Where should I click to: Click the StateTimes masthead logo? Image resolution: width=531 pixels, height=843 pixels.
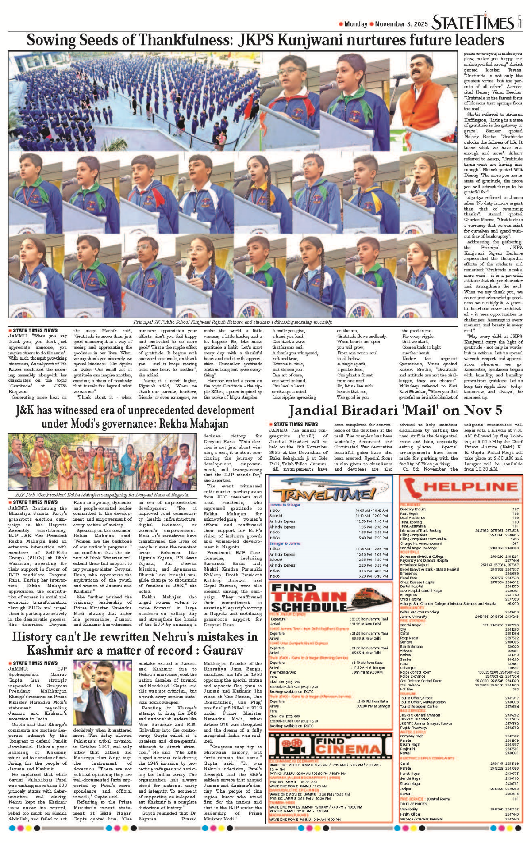[x=473, y=23]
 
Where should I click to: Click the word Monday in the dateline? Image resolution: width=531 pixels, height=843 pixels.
[x=356, y=24]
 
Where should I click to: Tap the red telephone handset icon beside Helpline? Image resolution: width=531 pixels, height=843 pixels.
[x=413, y=488]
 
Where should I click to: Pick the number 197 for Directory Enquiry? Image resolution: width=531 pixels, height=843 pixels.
[x=516, y=510]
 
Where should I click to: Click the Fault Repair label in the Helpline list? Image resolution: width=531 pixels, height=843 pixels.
[x=409, y=513]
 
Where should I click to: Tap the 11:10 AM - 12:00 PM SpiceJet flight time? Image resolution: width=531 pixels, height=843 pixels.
[x=372, y=516]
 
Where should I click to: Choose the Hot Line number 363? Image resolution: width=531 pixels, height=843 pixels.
[x=516, y=689]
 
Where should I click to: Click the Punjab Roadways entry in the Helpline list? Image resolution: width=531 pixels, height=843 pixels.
[x=414, y=727]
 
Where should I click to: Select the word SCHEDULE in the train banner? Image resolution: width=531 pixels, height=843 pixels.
[x=309, y=607]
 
